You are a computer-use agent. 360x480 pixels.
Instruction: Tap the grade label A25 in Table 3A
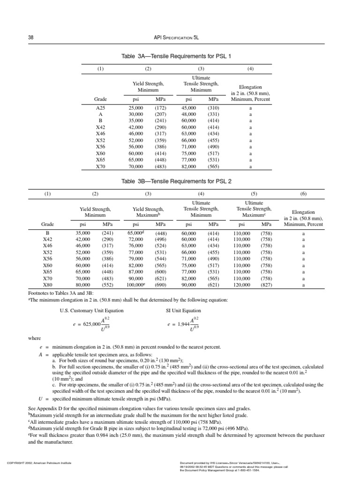(100, 107)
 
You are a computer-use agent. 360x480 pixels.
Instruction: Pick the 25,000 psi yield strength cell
(136, 107)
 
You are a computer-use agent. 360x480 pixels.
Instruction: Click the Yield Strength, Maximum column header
(148, 212)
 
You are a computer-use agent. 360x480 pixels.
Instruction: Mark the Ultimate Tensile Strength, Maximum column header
(254, 209)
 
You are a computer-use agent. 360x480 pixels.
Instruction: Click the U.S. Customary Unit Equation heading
(91, 310)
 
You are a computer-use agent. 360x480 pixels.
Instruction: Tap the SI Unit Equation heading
(184, 310)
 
